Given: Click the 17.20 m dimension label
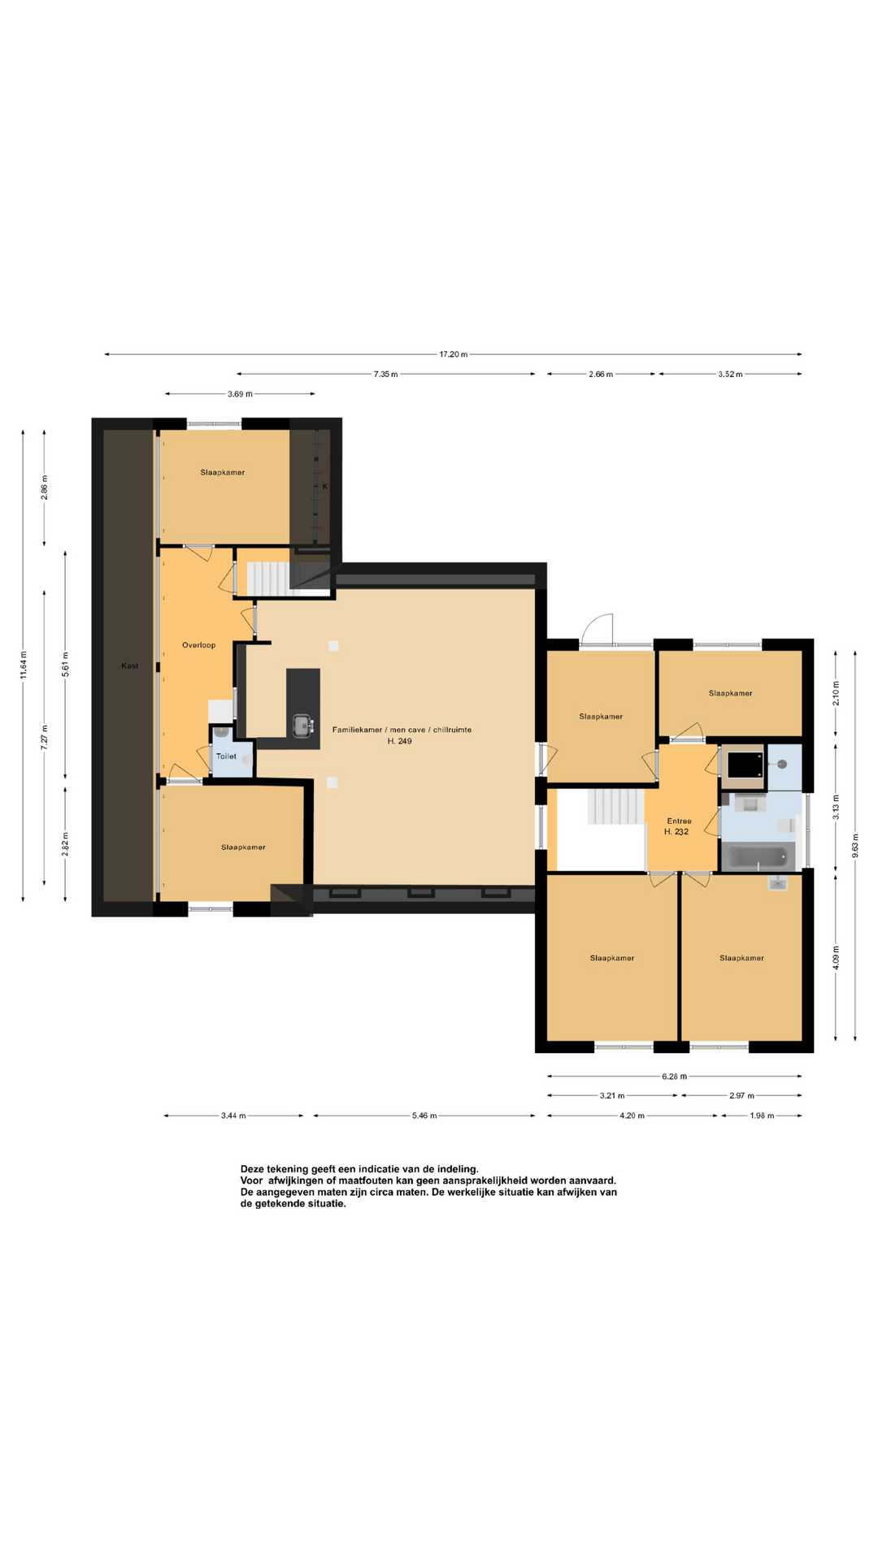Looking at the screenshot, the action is pyautogui.click(x=454, y=354).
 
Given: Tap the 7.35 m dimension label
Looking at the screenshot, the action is pyautogui.click(x=385, y=375).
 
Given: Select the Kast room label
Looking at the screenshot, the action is pyautogui.click(x=130, y=666).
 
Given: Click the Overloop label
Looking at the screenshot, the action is pyautogui.click(x=199, y=645).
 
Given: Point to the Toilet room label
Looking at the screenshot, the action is pyautogui.click(x=226, y=756).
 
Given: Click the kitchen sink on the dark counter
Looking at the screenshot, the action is pyautogui.click(x=302, y=725).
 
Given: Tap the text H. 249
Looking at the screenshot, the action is pyautogui.click(x=400, y=741).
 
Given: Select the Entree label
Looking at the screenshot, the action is pyautogui.click(x=679, y=821).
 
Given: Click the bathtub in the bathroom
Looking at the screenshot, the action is pyautogui.click(x=758, y=857).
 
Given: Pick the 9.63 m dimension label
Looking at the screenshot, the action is pyautogui.click(x=855, y=846).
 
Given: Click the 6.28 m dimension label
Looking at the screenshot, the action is pyautogui.click(x=675, y=1077).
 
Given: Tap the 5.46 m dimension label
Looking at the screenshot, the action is pyautogui.click(x=424, y=1116).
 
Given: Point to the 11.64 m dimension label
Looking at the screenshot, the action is pyautogui.click(x=24, y=665).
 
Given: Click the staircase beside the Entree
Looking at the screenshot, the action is pyautogui.click(x=615, y=805).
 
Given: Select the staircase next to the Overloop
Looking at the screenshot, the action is pyautogui.click(x=268, y=578).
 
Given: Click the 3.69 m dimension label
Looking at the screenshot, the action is pyautogui.click(x=240, y=394).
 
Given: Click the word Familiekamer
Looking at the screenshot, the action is pyautogui.click(x=357, y=730).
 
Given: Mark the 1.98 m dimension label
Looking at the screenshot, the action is pyautogui.click(x=762, y=1116).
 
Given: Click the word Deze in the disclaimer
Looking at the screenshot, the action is pyautogui.click(x=253, y=1169).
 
